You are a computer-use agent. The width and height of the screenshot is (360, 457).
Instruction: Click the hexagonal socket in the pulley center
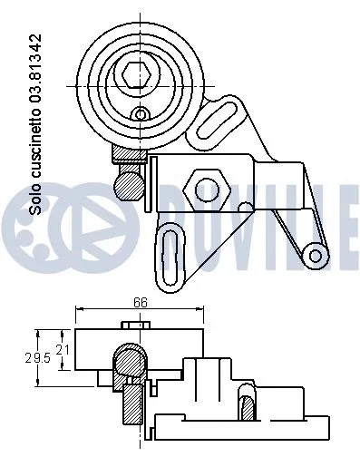click(139, 73)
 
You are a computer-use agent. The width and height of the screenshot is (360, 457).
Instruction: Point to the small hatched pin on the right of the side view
click(246, 404)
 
